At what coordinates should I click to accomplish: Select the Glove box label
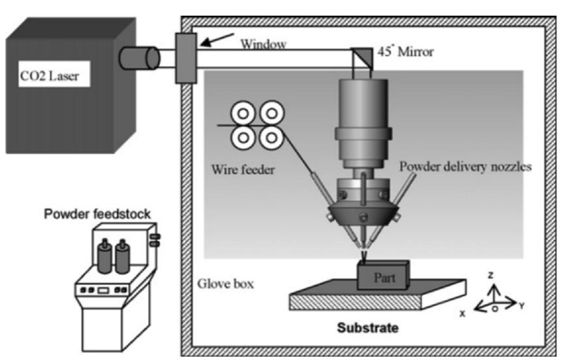tap(225, 284)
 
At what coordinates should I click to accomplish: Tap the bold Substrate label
tap(367, 327)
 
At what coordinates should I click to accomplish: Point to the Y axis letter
tap(522, 305)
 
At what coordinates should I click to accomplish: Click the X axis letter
tap(462, 313)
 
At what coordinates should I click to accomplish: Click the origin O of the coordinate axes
tap(495, 307)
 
